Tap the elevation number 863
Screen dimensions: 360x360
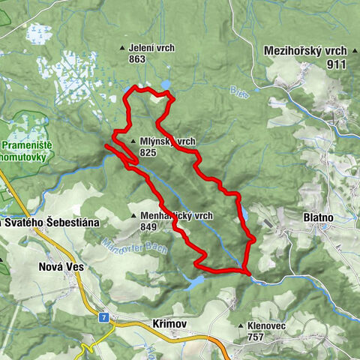pyautogui.click(x=136, y=58)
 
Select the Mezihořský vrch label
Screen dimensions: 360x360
pyautogui.click(x=305, y=51)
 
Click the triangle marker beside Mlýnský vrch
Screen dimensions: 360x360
pyautogui.click(x=132, y=141)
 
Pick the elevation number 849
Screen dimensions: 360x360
pyautogui.click(x=148, y=226)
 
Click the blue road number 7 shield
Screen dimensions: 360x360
pyautogui.click(x=103, y=317)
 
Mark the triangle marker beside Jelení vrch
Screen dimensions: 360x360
pyautogui.click(x=123, y=49)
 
